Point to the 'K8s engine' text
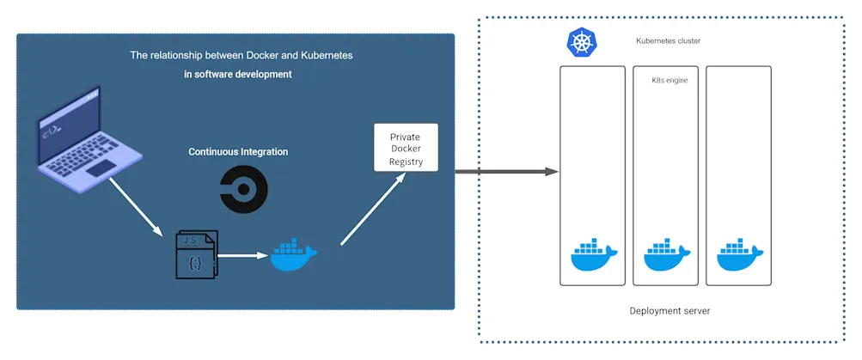pyautogui.click(x=669, y=81)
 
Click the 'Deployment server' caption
pyautogui.click(x=669, y=310)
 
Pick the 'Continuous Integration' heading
pyautogui.click(x=238, y=152)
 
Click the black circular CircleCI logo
pyautogui.click(x=243, y=190)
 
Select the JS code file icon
pyautogui.click(x=196, y=255)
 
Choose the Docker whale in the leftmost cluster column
pyautogui.click(x=593, y=254)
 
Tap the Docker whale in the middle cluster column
pyautogui.click(x=666, y=254)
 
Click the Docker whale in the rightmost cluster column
pyautogui.click(x=739, y=254)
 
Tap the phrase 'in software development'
pyautogui.click(x=238, y=75)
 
